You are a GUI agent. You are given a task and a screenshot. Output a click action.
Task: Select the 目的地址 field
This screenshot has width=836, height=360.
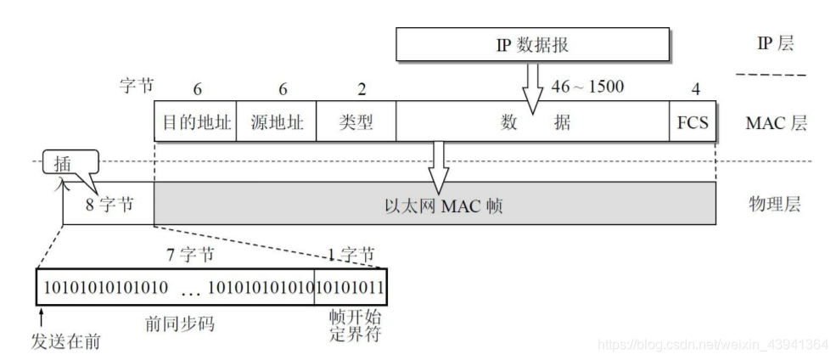195,122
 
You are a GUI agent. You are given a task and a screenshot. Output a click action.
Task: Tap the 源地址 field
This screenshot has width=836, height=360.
275,122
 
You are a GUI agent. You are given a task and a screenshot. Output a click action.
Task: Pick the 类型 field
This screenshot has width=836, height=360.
356,122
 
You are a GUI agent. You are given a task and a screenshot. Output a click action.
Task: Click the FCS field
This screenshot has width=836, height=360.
692,122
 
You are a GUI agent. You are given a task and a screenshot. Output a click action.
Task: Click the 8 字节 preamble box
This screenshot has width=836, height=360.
109,205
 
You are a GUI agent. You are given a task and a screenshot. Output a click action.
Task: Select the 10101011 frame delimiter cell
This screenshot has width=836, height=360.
351,287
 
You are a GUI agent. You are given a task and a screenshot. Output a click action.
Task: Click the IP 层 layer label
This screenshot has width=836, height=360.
773,43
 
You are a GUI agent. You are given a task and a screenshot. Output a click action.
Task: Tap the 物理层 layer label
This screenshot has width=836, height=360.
773,204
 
